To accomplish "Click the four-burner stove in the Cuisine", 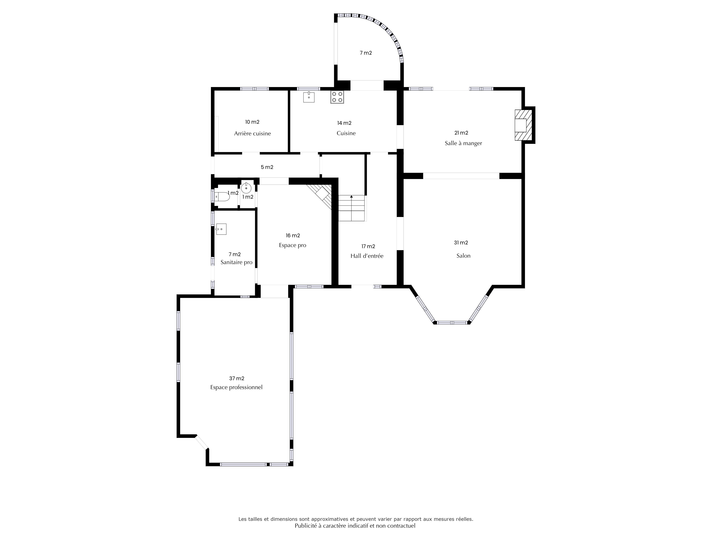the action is click(337, 97).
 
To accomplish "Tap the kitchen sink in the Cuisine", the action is click(309, 97).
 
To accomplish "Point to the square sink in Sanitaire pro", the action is click(221, 229).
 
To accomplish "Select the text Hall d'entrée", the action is click(367, 256).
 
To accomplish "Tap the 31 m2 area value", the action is click(461, 243).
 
